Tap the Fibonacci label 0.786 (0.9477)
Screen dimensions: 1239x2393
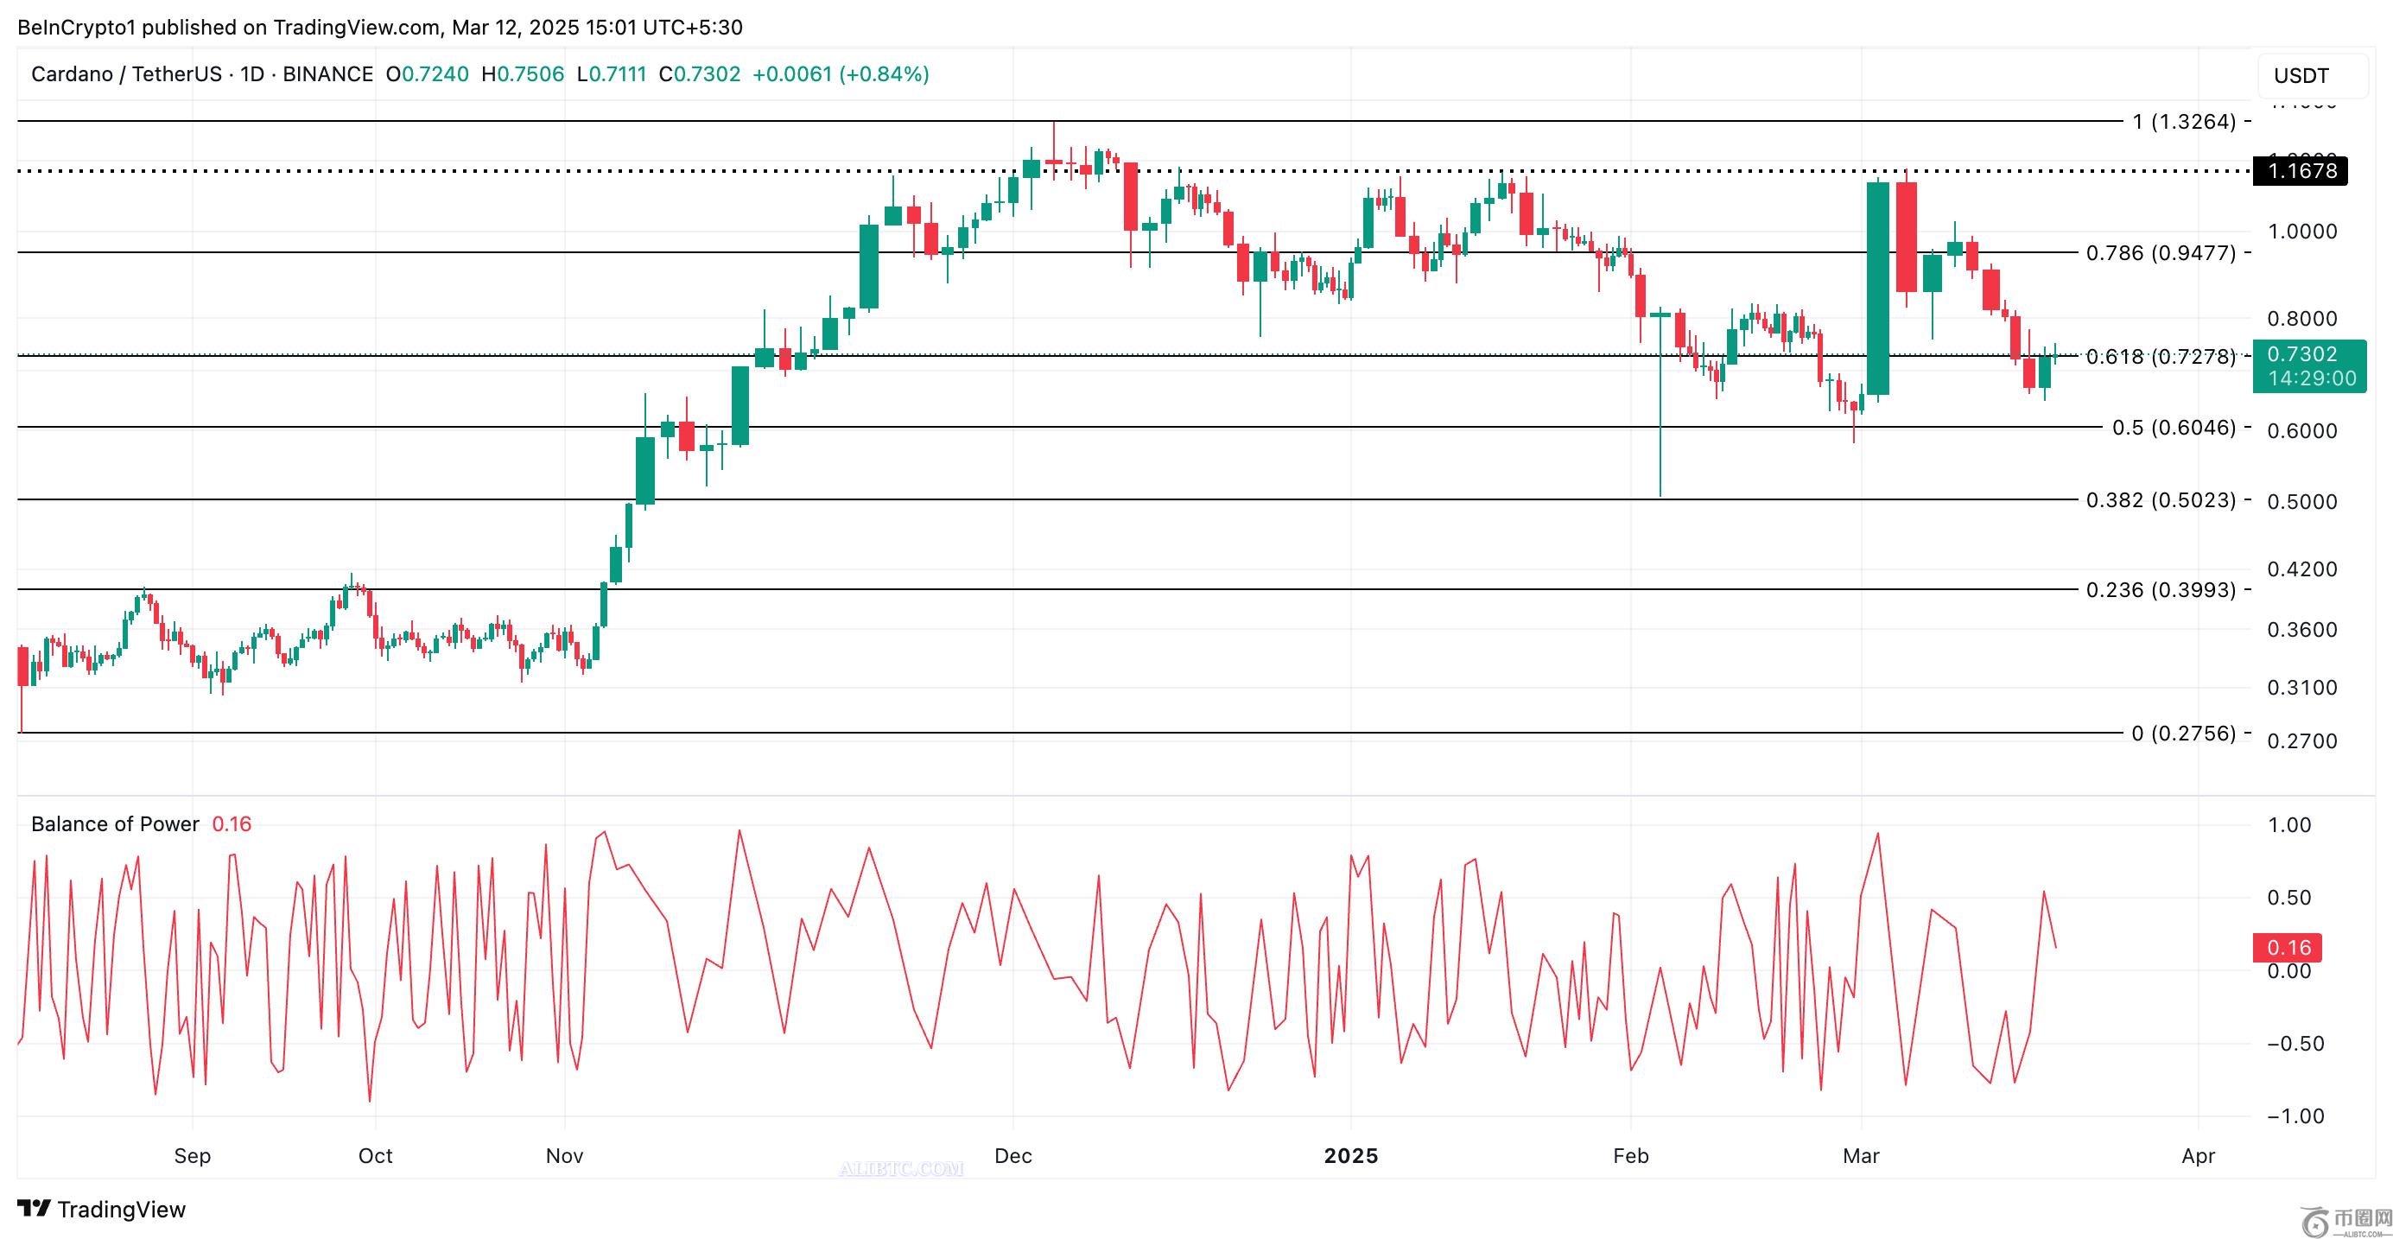(x=2161, y=252)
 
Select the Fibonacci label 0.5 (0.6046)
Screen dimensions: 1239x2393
(x=2174, y=427)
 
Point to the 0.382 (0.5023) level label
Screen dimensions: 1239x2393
(x=2161, y=499)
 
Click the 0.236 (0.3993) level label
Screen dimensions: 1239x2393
(x=2161, y=590)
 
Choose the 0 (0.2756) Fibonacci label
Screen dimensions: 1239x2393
(x=2183, y=734)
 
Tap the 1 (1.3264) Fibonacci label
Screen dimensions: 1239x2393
(x=2184, y=122)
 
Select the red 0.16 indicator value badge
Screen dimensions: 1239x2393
(x=2288, y=947)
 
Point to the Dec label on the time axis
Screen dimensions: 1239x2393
(x=1012, y=1156)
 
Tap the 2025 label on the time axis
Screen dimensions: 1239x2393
(x=1351, y=1156)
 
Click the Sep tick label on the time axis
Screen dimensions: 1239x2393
(x=193, y=1156)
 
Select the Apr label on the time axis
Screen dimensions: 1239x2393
(x=2198, y=1156)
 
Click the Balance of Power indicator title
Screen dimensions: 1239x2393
(x=115, y=823)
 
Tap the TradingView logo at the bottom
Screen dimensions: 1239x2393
(x=102, y=1210)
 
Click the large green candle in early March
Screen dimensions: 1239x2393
(x=1877, y=288)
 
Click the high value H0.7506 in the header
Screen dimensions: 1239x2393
(x=522, y=74)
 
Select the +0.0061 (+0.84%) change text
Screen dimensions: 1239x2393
(x=840, y=74)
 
